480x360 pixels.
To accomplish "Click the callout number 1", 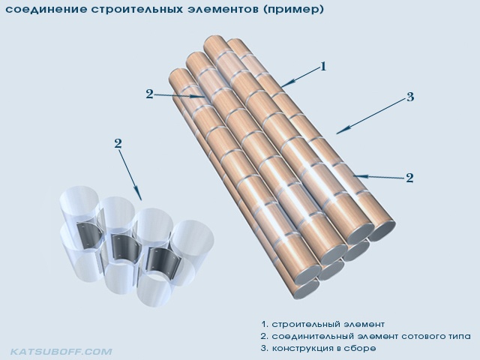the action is (323, 66).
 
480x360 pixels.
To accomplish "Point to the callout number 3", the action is (410, 97).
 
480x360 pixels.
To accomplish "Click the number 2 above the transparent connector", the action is (118, 143).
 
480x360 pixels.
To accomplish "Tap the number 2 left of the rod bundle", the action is (149, 94).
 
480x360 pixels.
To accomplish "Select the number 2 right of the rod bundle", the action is (409, 178).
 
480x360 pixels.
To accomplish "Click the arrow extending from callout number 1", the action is (300, 77).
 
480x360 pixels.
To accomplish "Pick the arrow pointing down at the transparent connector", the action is (130, 175).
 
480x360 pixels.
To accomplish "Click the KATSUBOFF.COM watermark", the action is (61, 352).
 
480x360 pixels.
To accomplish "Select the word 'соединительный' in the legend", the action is (312, 336).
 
